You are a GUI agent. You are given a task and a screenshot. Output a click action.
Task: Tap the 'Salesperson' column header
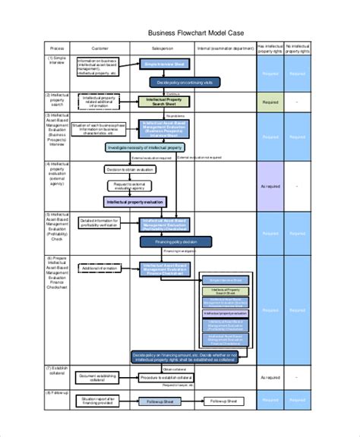pyautogui.click(x=164, y=47)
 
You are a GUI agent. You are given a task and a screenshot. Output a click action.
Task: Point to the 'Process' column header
pyautogui.click(x=58, y=47)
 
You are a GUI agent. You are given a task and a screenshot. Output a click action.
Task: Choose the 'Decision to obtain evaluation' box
pyautogui.click(x=125, y=170)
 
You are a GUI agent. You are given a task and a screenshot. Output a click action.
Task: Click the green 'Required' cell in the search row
pyautogui.click(x=270, y=101)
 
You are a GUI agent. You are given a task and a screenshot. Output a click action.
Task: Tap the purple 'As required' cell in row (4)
pyautogui.click(x=270, y=186)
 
